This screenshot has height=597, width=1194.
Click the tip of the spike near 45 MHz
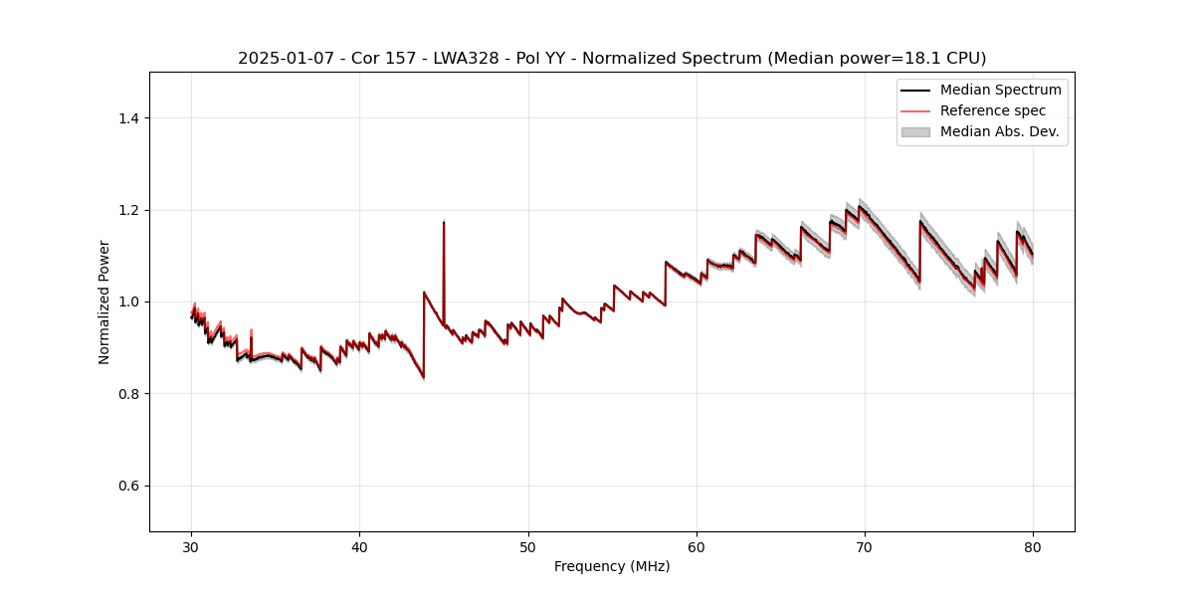[x=444, y=222]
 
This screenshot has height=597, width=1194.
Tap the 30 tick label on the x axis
[x=192, y=546]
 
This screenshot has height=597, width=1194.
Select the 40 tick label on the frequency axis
[x=360, y=546]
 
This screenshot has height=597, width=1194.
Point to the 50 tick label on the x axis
[x=528, y=546]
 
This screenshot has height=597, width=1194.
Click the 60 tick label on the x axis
[x=696, y=546]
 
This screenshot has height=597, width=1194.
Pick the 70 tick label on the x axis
[x=865, y=546]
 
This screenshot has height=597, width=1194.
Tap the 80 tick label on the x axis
[x=1033, y=546]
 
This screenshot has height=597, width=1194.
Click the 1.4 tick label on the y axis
[x=128, y=118]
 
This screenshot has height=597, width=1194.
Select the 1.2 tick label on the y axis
[x=128, y=210]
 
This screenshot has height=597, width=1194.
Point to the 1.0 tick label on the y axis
[x=128, y=301]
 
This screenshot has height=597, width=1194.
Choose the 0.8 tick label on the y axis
[x=128, y=394]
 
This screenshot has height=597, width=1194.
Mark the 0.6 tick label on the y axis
[x=128, y=486]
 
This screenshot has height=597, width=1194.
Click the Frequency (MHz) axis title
[x=612, y=566]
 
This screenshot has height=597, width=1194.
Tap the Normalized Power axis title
[x=104, y=301]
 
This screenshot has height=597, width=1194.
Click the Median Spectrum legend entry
[x=1000, y=90]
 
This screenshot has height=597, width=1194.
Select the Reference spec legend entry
[x=993, y=110]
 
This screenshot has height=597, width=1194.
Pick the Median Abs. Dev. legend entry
[x=999, y=131]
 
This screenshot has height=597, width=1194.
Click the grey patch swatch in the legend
[x=915, y=131]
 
